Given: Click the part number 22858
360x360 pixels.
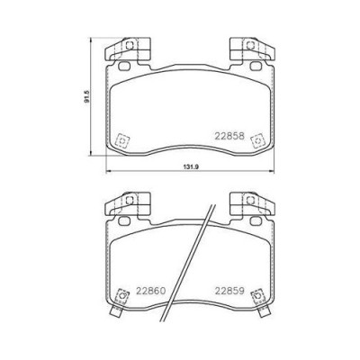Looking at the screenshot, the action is click(229, 136).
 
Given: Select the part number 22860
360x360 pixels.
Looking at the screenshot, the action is click(151, 291).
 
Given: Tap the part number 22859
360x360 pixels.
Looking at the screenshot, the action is click(229, 291).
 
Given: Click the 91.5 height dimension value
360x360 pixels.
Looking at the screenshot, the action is click(87, 96).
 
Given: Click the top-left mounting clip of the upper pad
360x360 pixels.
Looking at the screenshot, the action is click(127, 49).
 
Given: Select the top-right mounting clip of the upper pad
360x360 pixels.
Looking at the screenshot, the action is click(252, 49).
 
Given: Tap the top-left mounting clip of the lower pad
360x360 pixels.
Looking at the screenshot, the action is click(127, 204).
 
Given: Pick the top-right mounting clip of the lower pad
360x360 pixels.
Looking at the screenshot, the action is click(252, 204).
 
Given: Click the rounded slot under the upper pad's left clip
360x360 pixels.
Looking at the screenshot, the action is click(124, 66).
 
